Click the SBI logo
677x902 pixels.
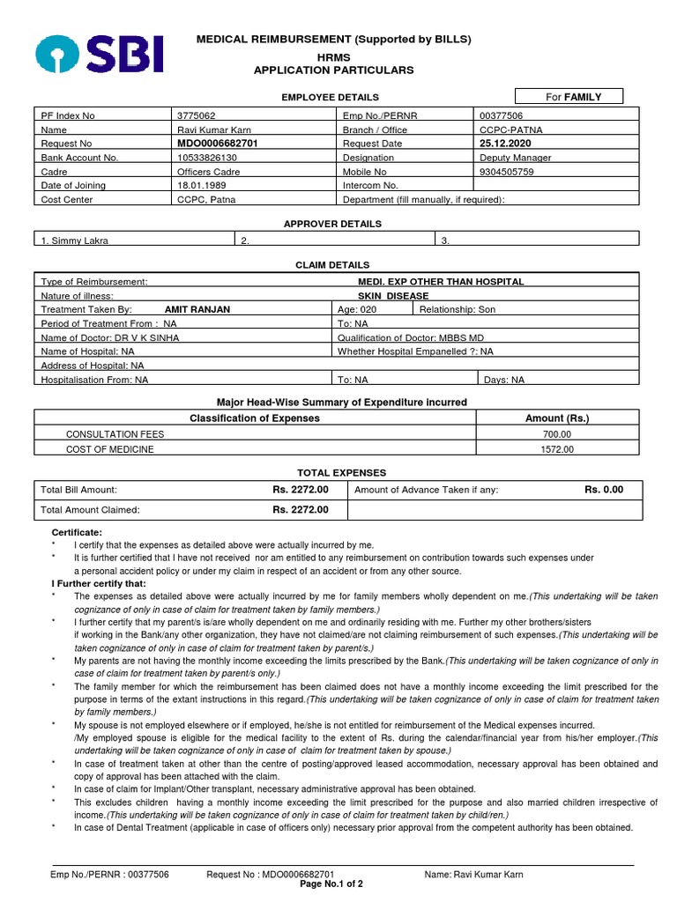tap(99, 54)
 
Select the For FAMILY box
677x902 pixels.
tap(571, 96)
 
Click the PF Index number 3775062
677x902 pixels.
tap(197, 115)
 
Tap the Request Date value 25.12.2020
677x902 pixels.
tap(508, 143)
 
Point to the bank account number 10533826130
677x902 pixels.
tap(207, 157)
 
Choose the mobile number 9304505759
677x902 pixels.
tap(506, 172)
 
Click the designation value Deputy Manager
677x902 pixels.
tap(515, 157)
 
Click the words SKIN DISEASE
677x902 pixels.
tap(392, 296)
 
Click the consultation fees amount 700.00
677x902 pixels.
tap(557, 434)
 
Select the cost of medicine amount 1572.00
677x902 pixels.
tap(557, 449)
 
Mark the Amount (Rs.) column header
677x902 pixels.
tap(557, 418)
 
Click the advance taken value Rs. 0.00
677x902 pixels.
tap(604, 489)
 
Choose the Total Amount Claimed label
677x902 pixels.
tap(91, 509)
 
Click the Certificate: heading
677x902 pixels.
tap(77, 533)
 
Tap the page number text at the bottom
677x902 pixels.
tap(331, 884)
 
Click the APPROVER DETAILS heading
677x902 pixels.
tap(332, 224)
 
